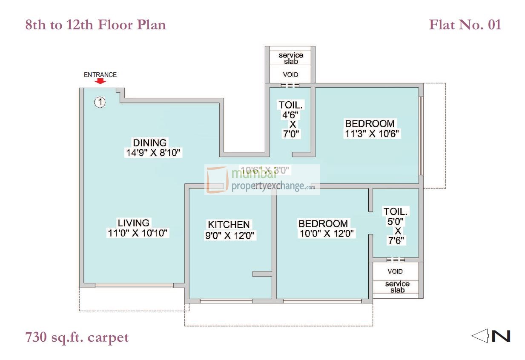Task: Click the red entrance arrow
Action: point(100,81)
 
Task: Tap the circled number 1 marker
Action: point(100,102)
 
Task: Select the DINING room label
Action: point(150,143)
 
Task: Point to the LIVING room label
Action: point(134,223)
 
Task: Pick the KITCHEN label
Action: point(229,224)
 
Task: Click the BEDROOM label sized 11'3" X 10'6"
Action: point(370,123)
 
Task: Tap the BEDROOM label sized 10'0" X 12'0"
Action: point(323,223)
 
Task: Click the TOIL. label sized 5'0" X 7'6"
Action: point(396,211)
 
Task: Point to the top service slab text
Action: point(291,58)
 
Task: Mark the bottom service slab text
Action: point(397,287)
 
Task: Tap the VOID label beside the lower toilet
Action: point(395,271)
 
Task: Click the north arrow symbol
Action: point(491,336)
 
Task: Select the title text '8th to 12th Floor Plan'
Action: point(96,25)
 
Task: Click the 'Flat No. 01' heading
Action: point(465,25)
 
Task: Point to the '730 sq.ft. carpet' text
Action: point(77,337)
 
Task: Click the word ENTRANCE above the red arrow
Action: point(100,74)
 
